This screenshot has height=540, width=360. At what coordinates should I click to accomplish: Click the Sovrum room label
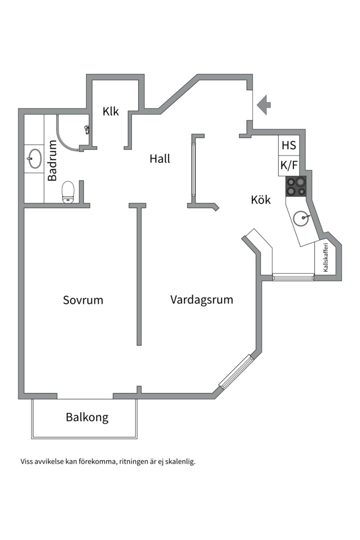[x=83, y=300]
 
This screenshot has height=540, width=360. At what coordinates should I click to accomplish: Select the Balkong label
[x=87, y=417]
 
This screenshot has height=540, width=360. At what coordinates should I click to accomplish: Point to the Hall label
[x=160, y=158]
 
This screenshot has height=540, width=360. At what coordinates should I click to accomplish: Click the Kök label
[x=260, y=200]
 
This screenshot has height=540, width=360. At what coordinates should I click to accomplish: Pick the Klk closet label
[x=111, y=111]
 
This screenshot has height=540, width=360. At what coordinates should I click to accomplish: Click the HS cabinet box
[x=289, y=145]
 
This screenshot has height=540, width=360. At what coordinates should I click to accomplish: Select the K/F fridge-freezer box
[x=289, y=166]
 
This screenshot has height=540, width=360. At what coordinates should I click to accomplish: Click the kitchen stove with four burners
[x=296, y=186]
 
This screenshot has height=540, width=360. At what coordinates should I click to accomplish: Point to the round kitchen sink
[x=302, y=218]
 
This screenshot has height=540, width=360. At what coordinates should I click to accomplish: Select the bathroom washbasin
[x=34, y=159]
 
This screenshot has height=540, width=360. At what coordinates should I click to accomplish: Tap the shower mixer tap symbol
[x=87, y=129]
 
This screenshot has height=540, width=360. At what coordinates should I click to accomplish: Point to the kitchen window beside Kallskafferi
[x=293, y=276]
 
